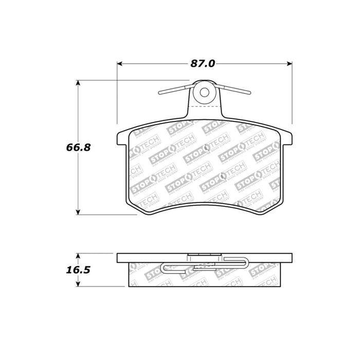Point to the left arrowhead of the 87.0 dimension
120,64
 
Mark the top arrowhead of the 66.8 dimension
78,82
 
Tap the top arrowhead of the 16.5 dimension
78,255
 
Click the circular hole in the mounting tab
205,93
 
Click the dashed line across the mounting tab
205,106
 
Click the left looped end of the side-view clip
164,267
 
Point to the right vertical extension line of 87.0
293,93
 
